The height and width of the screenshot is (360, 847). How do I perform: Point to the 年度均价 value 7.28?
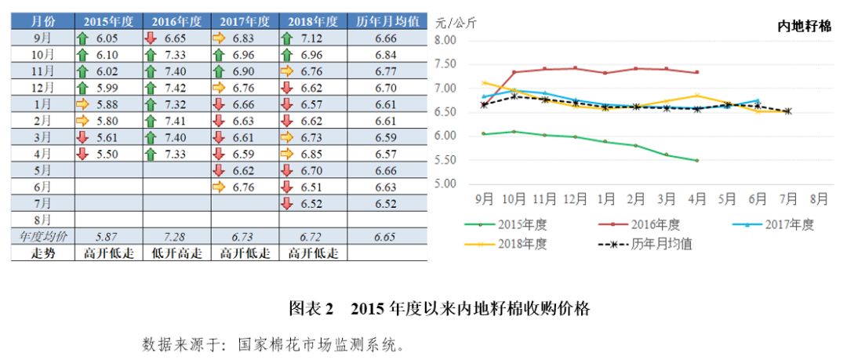coord(176,235)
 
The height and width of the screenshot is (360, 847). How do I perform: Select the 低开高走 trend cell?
coord(176,253)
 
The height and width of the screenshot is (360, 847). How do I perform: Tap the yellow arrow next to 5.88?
coord(82,104)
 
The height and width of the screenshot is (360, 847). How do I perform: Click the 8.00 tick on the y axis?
coord(445,41)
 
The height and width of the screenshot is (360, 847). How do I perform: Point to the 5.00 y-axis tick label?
coord(445,184)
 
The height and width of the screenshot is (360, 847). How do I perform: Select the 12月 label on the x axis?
coord(576,198)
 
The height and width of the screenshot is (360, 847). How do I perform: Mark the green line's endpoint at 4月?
coord(696,160)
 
